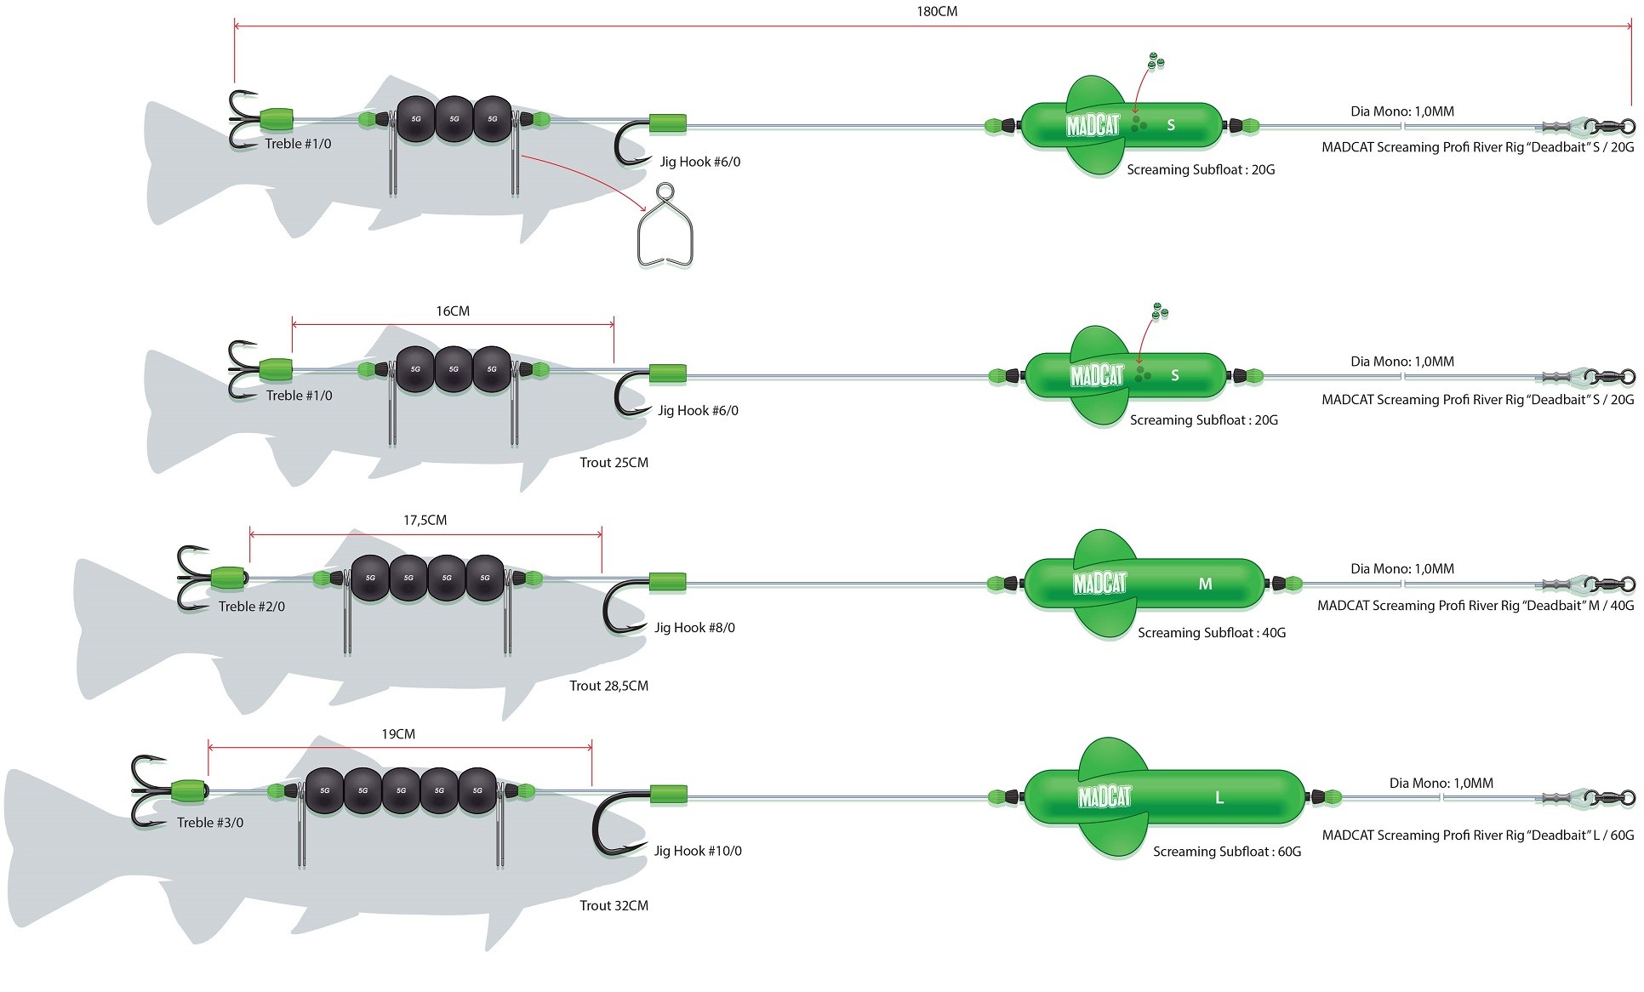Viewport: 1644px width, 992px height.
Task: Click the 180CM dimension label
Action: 936,11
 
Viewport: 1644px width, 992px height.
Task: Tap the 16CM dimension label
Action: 453,311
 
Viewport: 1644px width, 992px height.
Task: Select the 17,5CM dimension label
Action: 425,520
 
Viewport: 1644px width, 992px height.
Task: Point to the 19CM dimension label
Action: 398,734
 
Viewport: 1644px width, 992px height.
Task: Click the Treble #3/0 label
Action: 210,823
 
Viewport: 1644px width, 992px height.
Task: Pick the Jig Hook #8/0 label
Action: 694,628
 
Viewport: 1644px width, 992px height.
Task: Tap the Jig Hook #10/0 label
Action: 698,851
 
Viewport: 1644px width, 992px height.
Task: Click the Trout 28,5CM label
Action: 608,686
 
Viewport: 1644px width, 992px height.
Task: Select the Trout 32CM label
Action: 614,906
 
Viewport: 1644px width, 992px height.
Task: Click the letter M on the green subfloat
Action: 1205,584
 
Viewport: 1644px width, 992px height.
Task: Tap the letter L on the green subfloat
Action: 1219,797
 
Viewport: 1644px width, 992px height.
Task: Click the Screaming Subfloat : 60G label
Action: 1227,852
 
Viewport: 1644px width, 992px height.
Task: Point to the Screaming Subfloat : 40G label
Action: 1212,633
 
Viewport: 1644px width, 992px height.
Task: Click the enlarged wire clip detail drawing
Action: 665,227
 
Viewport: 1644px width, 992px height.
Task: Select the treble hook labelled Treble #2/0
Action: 195,578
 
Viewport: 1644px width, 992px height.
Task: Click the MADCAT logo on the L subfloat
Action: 1105,797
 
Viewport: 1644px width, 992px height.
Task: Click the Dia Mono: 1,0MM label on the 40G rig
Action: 1402,569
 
